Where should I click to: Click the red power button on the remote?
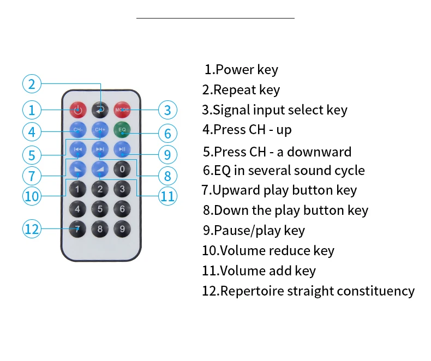[77, 110]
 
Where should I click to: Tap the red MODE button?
[122, 110]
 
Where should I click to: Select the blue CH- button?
[77, 130]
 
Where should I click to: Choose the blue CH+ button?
[100, 130]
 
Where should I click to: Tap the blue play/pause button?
[122, 149]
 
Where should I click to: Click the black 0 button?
[122, 169]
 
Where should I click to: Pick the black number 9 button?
[122, 228]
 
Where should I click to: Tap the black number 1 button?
[77, 189]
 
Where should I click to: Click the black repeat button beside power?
[100, 110]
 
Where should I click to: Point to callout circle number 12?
[32, 228]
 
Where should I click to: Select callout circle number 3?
[167, 110]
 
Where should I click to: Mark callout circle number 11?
[167, 195]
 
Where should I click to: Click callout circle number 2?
[32, 84]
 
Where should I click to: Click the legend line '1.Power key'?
[241, 70]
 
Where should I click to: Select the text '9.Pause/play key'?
[254, 230]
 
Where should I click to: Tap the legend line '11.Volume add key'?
[259, 270]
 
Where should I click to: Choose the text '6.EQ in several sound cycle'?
[284, 170]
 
